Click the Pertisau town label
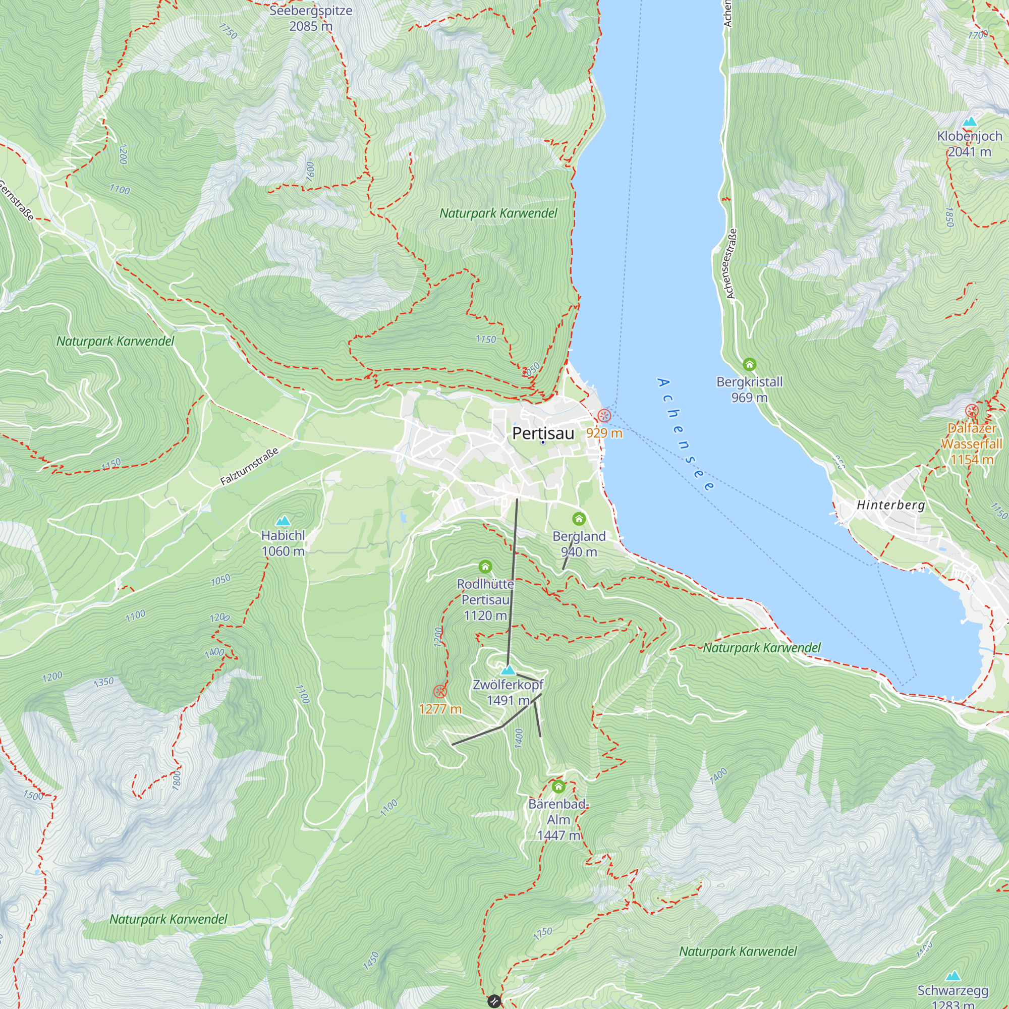tap(543, 433)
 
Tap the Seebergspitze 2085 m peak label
tap(311, 18)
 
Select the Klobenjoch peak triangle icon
tap(970, 122)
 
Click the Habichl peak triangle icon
tap(283, 521)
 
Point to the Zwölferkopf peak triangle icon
tap(508, 670)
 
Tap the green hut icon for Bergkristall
tap(750, 364)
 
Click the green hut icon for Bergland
tap(579, 519)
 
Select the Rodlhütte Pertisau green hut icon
tap(485, 567)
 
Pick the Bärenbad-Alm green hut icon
tap(558, 787)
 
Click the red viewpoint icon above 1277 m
tap(440, 692)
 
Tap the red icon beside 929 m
tap(604, 416)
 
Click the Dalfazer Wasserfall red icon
tap(971, 411)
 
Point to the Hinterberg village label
tap(891, 505)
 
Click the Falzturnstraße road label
tap(249, 466)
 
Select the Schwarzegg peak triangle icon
tap(953, 976)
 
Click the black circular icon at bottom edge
tap(494, 1001)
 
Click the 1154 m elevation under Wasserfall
tap(971, 460)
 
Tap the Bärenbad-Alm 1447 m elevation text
tap(558, 835)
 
